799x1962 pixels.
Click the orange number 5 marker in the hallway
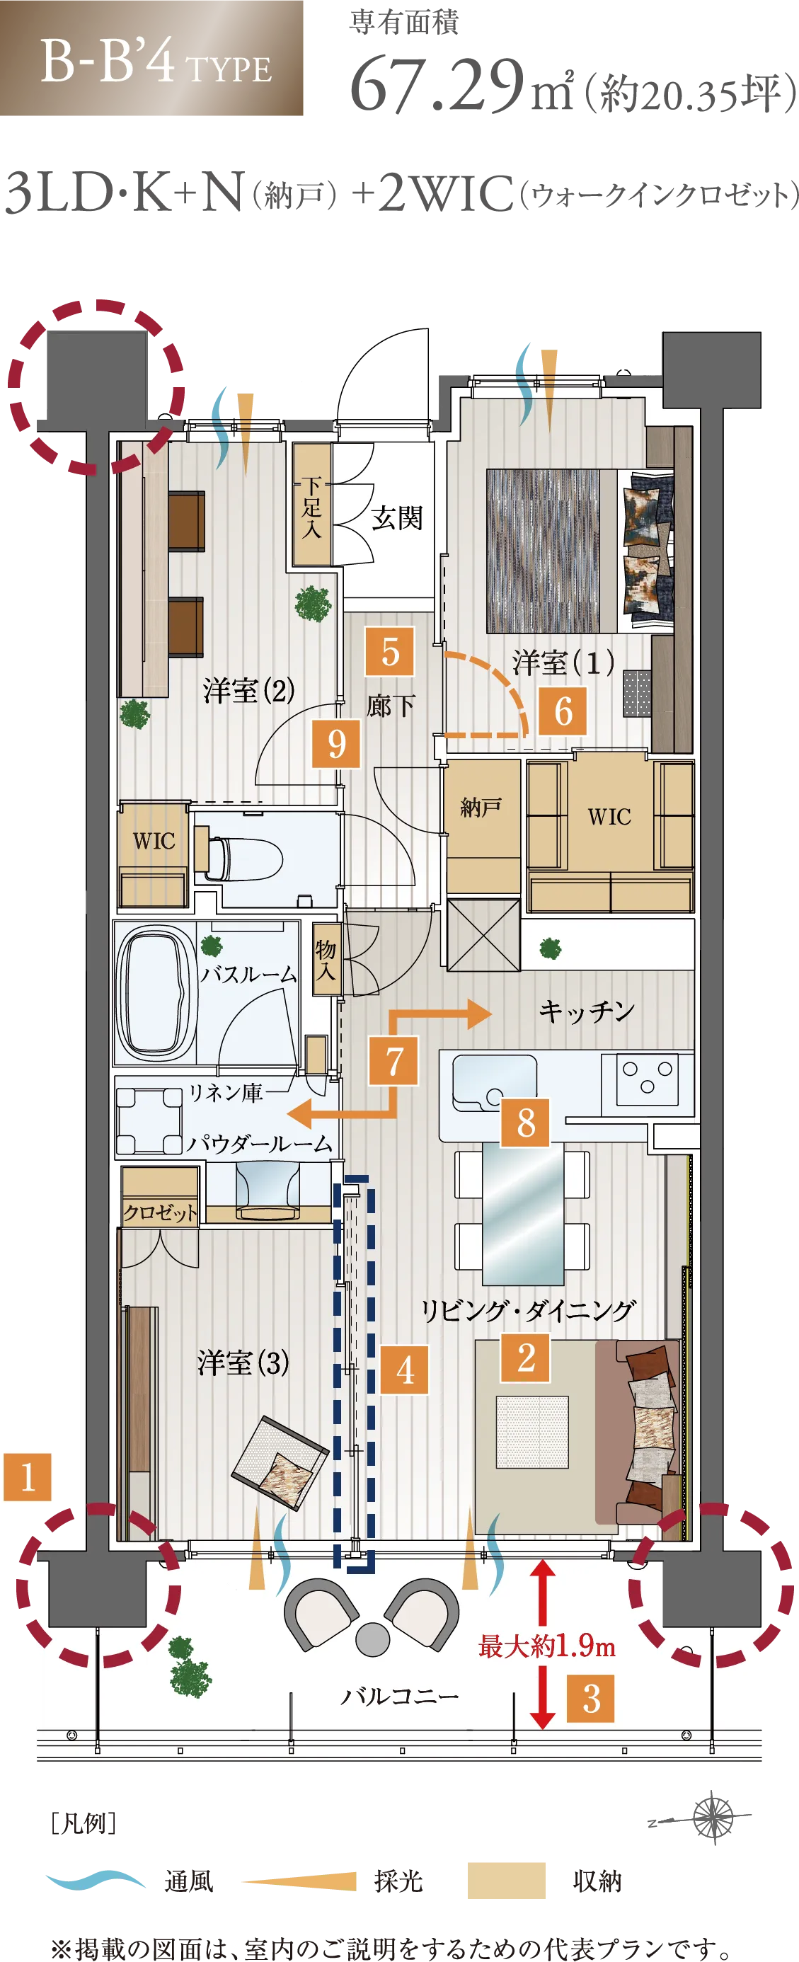[x=389, y=651]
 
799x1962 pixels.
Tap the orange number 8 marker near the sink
[x=525, y=1122]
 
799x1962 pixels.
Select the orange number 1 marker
[x=28, y=1477]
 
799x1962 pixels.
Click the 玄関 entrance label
[x=397, y=518]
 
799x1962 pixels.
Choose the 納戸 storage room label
[x=481, y=807]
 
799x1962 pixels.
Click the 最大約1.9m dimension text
[x=546, y=1646]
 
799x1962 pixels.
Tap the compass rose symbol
[x=711, y=1818]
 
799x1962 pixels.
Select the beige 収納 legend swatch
[x=506, y=1881]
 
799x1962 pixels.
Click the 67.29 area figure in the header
[x=437, y=86]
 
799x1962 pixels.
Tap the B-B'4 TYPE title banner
[x=151, y=58]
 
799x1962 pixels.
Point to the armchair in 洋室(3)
[x=280, y=1462]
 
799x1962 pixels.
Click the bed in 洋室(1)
[x=580, y=551]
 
